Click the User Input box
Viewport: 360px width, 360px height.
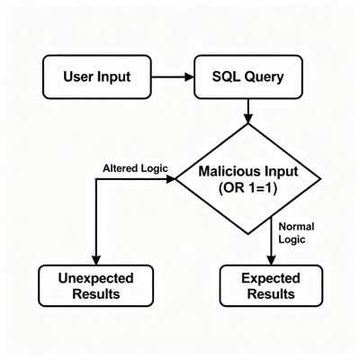[x=97, y=76]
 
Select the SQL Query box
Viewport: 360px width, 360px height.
[x=247, y=76]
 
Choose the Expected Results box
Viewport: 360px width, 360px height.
[x=271, y=285]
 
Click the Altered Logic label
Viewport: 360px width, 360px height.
[x=132, y=168]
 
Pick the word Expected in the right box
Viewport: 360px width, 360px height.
[x=271, y=277]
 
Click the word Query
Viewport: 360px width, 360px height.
[x=263, y=76]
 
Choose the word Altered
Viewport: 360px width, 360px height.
[x=120, y=168]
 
